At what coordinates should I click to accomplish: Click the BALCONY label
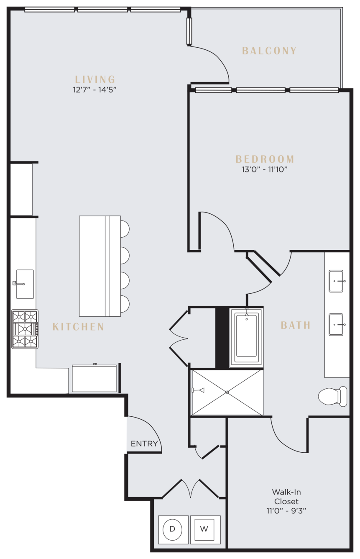[269, 51]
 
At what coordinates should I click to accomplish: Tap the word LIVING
[95, 79]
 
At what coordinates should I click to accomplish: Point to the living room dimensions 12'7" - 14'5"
[95, 90]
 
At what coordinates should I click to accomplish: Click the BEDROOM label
[265, 159]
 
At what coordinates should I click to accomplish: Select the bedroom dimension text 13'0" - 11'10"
[265, 169]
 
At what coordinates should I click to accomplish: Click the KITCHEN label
[78, 327]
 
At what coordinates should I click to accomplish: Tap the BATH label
[296, 325]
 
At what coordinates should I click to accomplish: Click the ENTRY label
[144, 444]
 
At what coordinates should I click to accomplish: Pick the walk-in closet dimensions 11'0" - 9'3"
[286, 511]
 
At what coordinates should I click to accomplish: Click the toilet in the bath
[332, 396]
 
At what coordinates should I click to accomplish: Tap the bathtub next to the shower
[246, 338]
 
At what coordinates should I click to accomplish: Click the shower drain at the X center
[227, 392]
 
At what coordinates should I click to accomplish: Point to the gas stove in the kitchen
[25, 329]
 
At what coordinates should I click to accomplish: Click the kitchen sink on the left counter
[25, 284]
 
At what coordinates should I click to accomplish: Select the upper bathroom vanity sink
[336, 281]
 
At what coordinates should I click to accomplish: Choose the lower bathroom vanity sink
[336, 325]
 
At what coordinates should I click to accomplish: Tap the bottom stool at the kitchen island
[125, 304]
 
